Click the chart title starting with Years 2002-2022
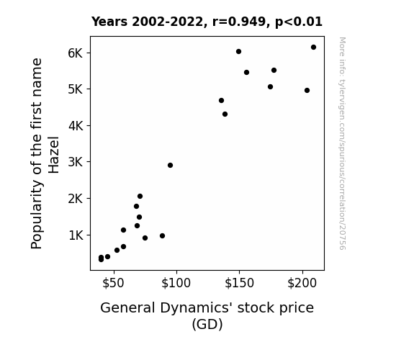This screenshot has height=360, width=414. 207,22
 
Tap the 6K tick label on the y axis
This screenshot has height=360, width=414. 76,53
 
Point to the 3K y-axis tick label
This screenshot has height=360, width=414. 76,162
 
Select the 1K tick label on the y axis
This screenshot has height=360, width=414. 76,235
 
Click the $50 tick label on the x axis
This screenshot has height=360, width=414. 113,283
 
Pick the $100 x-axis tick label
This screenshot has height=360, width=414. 176,283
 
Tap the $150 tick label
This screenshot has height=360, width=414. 239,283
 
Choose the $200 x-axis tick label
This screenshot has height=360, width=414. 302,283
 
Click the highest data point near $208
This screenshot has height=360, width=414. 313,48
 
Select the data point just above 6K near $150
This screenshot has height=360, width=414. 238,52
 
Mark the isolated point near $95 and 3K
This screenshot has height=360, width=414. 170,166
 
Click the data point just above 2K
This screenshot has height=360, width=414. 140,197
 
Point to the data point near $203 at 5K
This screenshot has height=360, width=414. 307,90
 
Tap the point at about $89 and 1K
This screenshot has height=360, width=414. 163,236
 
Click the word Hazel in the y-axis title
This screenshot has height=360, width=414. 53,155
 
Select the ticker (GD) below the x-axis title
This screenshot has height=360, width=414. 207,324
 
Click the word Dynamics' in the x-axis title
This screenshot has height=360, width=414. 196,308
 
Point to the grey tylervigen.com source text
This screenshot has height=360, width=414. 342,143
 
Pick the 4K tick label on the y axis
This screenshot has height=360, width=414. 76,126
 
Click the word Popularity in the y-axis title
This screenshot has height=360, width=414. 37,215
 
